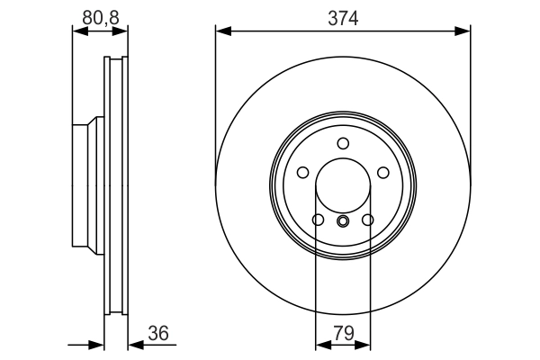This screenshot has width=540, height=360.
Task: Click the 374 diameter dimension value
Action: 343,18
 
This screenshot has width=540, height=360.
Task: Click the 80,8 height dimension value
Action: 101,18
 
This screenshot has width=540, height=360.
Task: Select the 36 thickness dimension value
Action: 158,334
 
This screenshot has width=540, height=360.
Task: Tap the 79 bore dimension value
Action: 344,334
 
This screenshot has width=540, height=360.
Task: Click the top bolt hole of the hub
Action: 343,143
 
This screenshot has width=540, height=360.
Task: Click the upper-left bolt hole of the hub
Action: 302,172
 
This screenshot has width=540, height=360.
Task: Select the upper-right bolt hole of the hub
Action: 383,172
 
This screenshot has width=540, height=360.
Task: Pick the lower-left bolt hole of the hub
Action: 318,220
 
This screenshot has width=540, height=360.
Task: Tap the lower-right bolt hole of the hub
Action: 368,220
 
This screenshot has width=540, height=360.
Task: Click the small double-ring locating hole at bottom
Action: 343,220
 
